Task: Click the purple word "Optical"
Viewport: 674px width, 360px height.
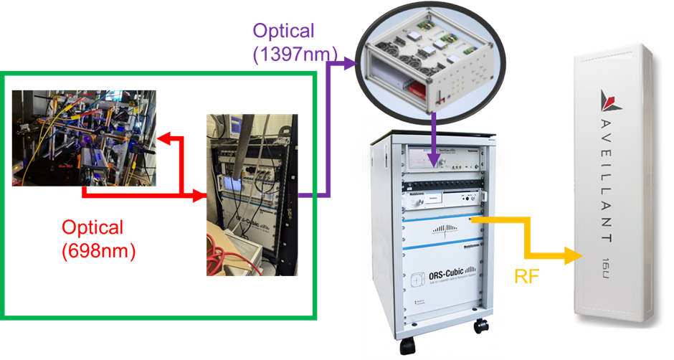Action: (x=283, y=32)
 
